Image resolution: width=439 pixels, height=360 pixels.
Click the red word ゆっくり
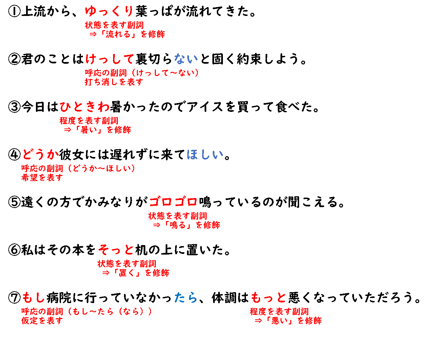click(109, 11)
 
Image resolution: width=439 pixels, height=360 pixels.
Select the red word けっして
click(109, 59)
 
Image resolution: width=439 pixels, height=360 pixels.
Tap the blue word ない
click(186, 59)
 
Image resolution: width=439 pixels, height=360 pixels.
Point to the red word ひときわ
click(85, 107)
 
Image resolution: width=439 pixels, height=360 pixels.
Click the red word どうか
click(41, 155)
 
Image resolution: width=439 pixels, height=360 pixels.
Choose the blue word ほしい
click(205, 155)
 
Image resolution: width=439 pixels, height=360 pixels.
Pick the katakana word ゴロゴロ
click(173, 202)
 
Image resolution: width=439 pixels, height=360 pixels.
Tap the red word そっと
click(116, 250)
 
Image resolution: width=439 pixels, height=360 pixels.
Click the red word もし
click(34, 298)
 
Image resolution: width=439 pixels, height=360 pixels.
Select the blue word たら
click(186, 298)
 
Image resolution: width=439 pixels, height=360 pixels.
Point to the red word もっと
click(268, 298)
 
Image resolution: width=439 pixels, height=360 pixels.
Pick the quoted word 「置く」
click(127, 273)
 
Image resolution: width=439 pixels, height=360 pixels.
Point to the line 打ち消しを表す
click(114, 82)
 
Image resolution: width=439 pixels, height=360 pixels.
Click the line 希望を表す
click(42, 178)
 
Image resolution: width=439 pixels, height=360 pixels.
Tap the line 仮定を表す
click(42, 321)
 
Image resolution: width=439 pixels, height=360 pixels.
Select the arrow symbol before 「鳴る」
click(156, 225)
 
